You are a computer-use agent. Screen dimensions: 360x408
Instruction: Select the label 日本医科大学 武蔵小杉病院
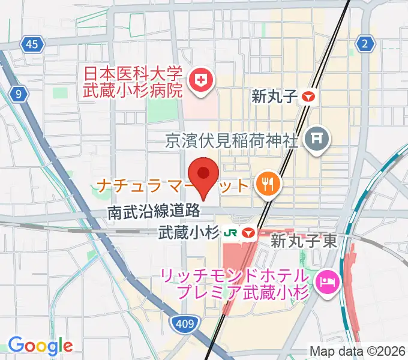coord(132,83)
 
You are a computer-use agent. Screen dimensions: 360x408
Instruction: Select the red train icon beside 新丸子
coord(309,96)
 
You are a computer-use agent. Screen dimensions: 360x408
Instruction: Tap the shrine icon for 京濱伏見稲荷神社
coord(317,140)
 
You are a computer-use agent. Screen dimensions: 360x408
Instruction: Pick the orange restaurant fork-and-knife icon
coord(267,184)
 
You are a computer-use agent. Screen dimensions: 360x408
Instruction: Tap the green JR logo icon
coord(229,232)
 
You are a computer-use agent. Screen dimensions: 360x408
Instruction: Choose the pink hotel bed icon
coord(328,280)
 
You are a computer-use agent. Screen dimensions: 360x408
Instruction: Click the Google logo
coord(40,346)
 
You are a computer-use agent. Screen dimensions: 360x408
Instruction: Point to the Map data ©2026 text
coord(358,351)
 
